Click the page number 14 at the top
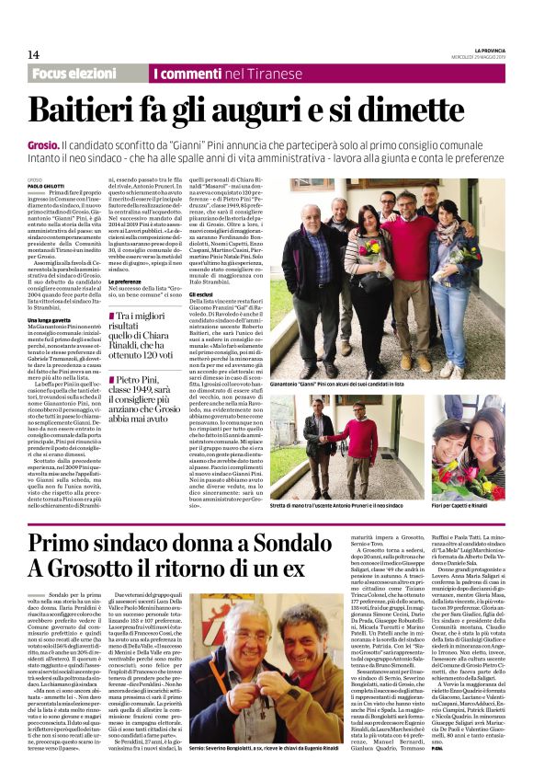[x=32, y=54]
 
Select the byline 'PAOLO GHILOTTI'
[x=47, y=184]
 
